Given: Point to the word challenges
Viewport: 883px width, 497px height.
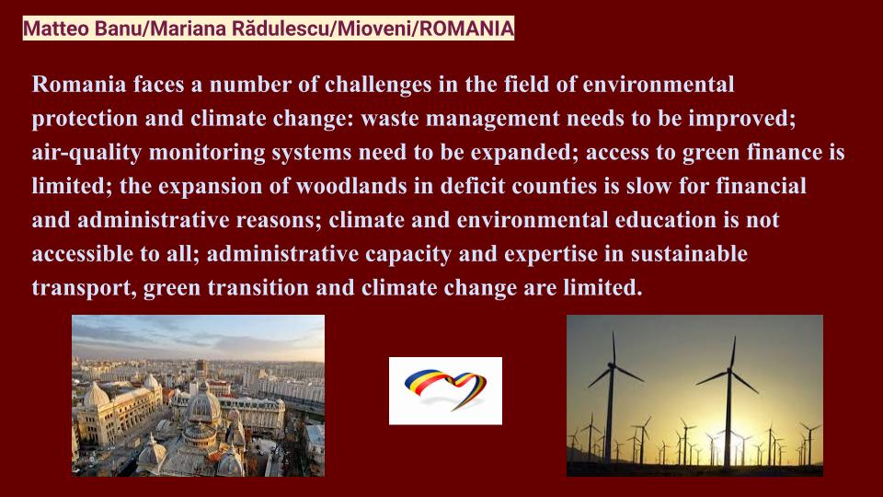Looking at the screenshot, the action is click(378, 85).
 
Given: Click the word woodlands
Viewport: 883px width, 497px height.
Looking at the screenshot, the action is click(350, 186).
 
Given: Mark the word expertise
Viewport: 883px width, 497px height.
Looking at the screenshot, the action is click(551, 255).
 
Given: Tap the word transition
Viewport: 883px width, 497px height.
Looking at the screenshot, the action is click(258, 287).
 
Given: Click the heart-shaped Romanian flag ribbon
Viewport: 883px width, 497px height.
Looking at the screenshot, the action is click(445, 387).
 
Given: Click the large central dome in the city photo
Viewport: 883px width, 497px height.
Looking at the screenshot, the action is click(203, 407).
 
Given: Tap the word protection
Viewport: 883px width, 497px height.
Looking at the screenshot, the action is click(85, 120).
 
